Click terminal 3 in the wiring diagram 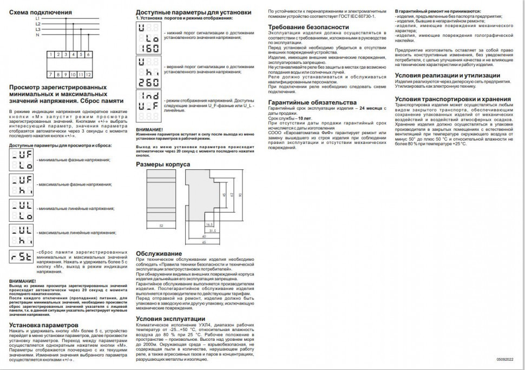click(x=65, y=55)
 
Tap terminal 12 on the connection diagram click(x=88, y=74)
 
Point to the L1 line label click(x=38, y=18)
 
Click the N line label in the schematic click(x=38, y=35)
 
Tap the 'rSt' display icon click(x=21, y=258)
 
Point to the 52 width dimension click(x=161, y=224)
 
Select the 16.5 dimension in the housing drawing click(x=208, y=223)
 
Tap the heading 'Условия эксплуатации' click(x=170, y=319)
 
